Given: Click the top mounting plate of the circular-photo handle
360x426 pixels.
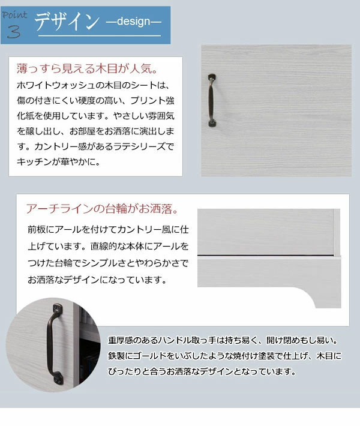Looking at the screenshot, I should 55,311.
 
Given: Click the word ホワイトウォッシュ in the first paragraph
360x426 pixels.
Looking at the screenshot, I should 58,86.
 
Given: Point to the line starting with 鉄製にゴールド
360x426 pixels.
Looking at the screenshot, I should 224,356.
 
